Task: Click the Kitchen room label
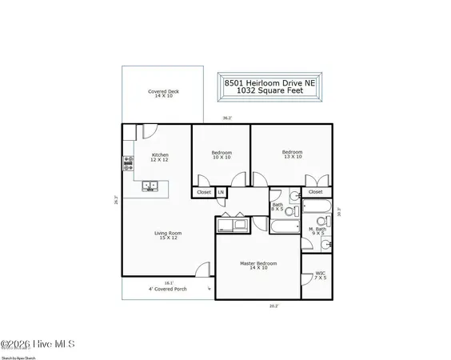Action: pos(160,157)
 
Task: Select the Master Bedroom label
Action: pos(258,266)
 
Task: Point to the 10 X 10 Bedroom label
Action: pos(222,155)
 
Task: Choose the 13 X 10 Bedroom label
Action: pos(292,154)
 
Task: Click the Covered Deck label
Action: pos(163,94)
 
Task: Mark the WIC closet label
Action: pos(319,276)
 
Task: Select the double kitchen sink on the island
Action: pos(150,186)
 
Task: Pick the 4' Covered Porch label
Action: pos(167,289)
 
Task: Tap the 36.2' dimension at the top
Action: pos(226,118)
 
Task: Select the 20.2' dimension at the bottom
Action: pos(274,305)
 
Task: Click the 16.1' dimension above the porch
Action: pos(168,282)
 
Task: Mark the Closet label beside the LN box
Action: pos(204,192)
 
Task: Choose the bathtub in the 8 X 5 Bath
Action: pos(284,226)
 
